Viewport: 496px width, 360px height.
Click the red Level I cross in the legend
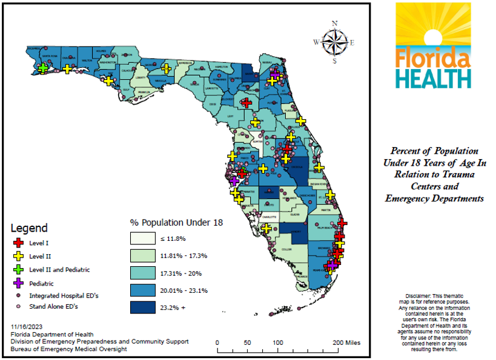tap(19, 243)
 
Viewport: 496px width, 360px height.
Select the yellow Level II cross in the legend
tap(19, 256)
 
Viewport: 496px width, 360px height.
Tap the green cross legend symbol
tap(19, 270)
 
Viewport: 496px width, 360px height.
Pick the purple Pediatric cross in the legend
tap(19, 283)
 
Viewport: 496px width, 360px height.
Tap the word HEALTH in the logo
tap(433, 78)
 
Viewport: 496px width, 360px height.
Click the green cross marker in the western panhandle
tap(43, 68)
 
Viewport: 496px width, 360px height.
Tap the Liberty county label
tap(141, 78)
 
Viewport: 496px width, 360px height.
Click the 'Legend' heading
tap(29, 228)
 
